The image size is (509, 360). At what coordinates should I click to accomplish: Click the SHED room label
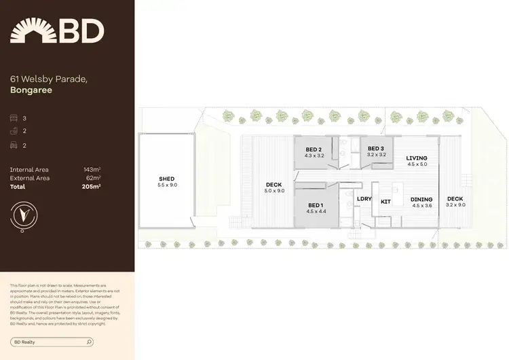(x=167, y=179)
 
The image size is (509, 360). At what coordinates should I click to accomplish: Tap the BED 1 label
(x=315, y=205)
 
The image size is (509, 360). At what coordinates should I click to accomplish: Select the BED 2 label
(x=314, y=149)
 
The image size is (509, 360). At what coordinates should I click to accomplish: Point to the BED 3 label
(x=376, y=149)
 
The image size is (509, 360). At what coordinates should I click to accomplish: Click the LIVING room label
(x=417, y=158)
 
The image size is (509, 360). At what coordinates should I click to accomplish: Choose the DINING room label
(x=421, y=200)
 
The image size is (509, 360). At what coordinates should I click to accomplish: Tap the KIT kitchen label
(x=385, y=202)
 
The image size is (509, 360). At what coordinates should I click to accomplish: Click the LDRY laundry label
(x=363, y=199)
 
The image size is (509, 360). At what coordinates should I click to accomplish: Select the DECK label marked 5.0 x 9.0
(x=274, y=184)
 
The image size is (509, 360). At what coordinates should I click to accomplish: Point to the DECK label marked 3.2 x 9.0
(x=455, y=199)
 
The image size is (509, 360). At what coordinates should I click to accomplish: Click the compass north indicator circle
(x=24, y=215)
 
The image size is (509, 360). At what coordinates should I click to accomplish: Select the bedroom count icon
(x=14, y=118)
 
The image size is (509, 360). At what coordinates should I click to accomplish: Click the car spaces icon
(x=14, y=145)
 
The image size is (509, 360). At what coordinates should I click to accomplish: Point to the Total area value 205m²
(x=91, y=186)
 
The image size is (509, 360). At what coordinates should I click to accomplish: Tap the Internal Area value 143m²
(x=92, y=169)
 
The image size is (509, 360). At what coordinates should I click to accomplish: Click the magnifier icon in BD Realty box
(x=89, y=342)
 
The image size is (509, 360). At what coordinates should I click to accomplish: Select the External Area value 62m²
(x=93, y=178)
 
